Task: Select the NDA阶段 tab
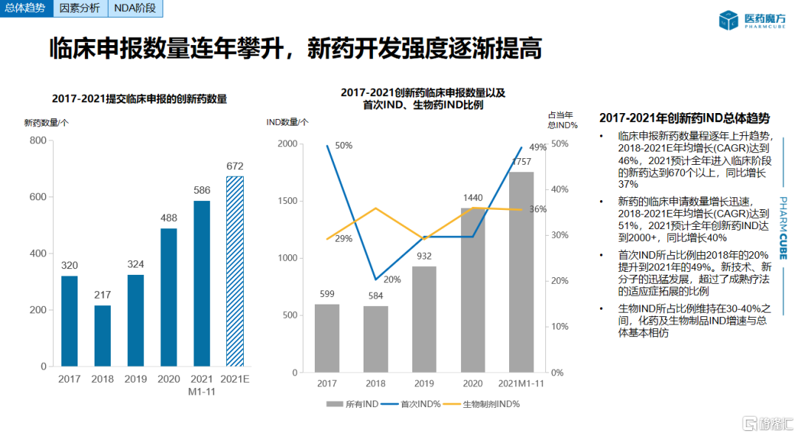click(x=136, y=10)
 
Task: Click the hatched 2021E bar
click(x=234, y=270)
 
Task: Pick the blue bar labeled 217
click(x=102, y=335)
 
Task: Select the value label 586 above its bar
click(x=201, y=190)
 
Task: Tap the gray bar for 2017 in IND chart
click(x=327, y=338)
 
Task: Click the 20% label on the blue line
click(x=392, y=279)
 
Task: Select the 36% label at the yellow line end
click(x=538, y=209)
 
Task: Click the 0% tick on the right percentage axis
click(x=558, y=372)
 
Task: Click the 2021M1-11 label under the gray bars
click(x=521, y=384)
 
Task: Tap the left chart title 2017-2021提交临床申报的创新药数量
click(x=140, y=99)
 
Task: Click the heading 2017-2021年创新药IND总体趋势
click(x=684, y=118)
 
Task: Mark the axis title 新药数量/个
click(x=47, y=123)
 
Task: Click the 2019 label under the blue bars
click(x=135, y=379)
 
